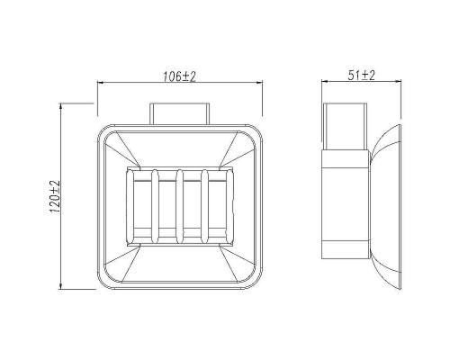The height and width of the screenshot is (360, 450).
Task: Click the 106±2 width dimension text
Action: pyautogui.click(x=179, y=76)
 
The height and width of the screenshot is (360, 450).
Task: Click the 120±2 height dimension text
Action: pyautogui.click(x=55, y=197)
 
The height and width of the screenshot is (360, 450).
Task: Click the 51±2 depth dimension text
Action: pyautogui.click(x=362, y=75)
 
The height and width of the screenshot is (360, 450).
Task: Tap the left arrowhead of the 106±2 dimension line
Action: pyautogui.click(x=101, y=83)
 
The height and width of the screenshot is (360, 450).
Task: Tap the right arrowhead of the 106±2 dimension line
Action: pyautogui.click(x=259, y=83)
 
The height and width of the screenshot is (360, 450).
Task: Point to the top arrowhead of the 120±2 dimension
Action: pyautogui.click(x=61, y=106)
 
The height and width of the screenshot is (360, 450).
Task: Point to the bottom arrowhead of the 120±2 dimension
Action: pyautogui.click(x=61, y=286)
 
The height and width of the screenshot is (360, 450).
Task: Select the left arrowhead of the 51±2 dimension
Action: pyautogui.click(x=325, y=81)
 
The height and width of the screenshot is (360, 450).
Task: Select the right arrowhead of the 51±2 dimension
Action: pyautogui.click(x=398, y=81)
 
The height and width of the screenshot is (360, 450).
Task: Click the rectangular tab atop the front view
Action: pyautogui.click(x=179, y=113)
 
